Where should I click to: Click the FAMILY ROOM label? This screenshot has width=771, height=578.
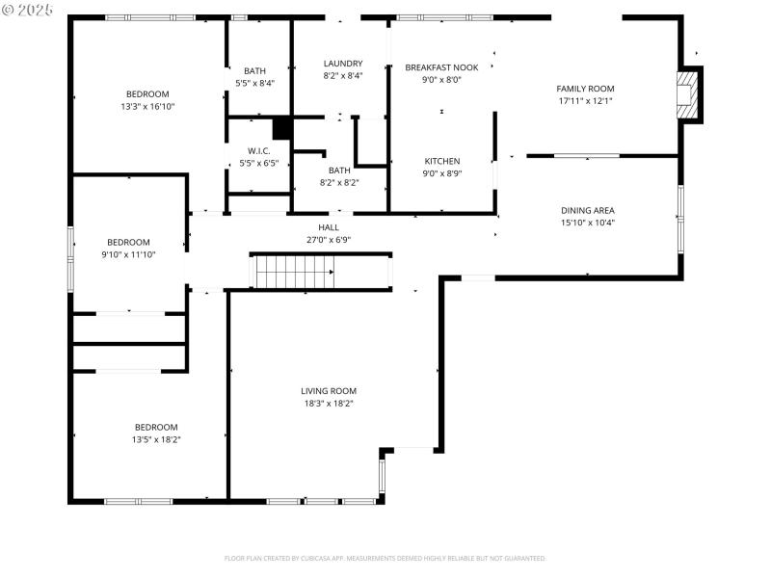point(585,89)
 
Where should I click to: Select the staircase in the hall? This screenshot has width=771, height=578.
point(293,271)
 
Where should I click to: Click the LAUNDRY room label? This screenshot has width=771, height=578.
point(342,64)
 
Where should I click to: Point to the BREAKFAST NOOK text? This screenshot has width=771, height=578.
point(441,67)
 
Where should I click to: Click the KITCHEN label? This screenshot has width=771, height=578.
point(442,161)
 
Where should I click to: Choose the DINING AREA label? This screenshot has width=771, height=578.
point(587,210)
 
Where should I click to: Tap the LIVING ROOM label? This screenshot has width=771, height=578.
point(329,391)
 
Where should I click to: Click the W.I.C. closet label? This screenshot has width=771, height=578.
point(258,150)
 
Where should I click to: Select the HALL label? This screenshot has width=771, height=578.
point(329,227)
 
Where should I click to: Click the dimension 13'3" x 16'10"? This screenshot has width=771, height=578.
point(147,106)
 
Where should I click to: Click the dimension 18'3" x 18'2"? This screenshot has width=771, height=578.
point(329,404)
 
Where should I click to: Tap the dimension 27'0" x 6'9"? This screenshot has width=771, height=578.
point(329,240)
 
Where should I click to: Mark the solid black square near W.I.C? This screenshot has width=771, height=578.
point(281,128)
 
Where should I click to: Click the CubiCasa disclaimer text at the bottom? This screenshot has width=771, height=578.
point(385,558)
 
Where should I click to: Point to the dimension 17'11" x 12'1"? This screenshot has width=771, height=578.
point(585,101)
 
